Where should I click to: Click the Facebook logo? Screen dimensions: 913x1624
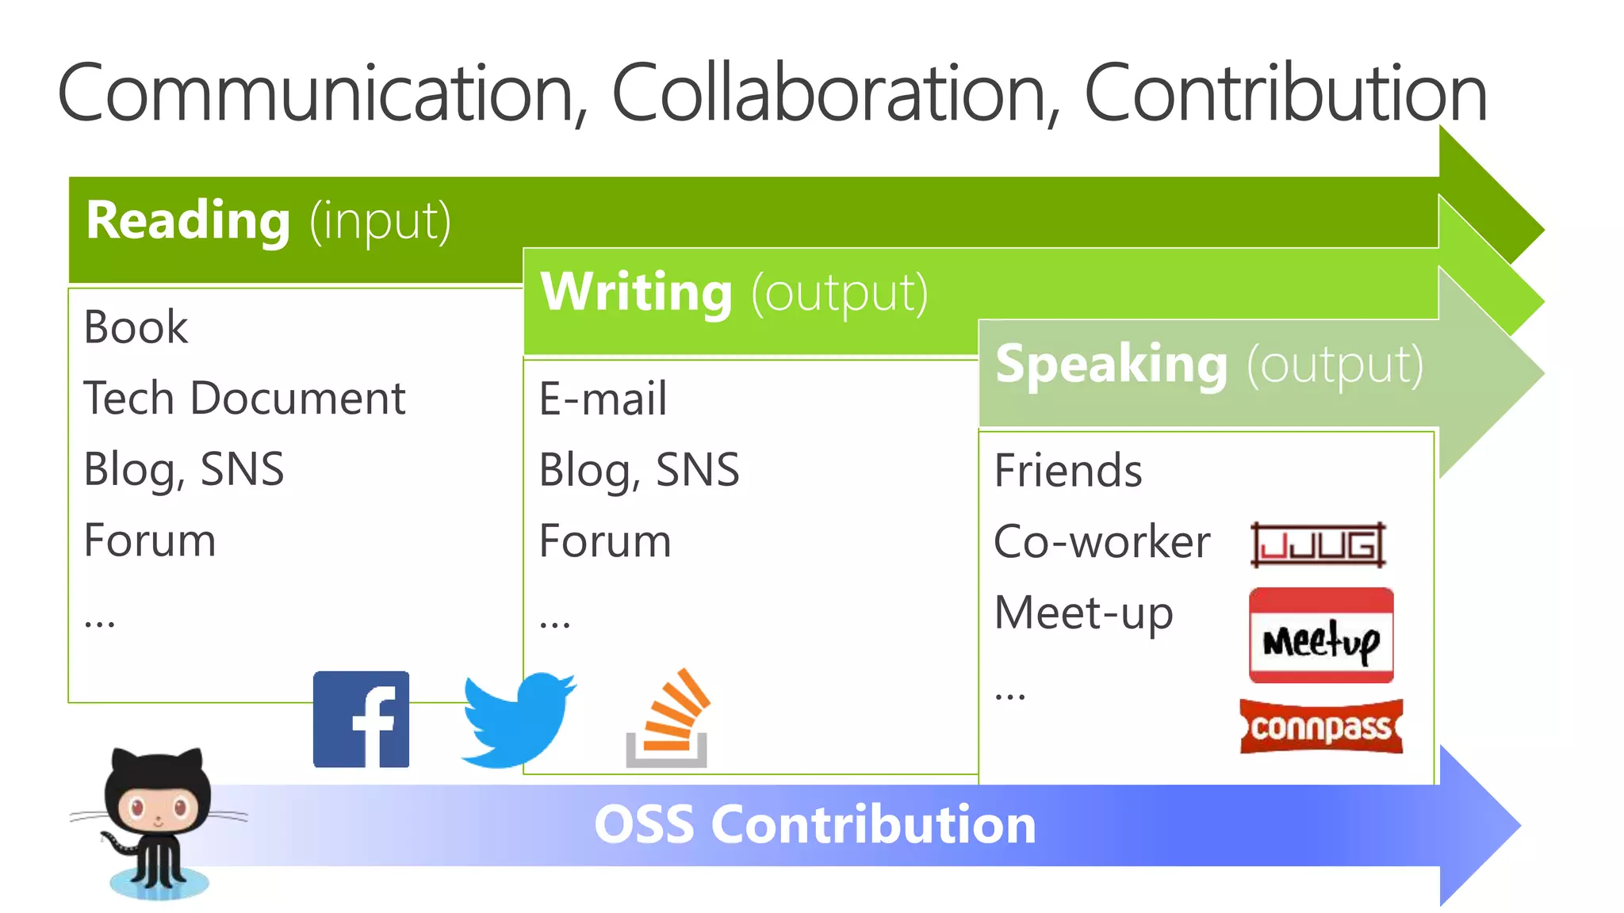coord(361,719)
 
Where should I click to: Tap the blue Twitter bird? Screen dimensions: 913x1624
coord(518,719)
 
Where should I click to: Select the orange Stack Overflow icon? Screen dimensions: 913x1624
coord(668,719)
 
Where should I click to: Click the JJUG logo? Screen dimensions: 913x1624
coord(1318,544)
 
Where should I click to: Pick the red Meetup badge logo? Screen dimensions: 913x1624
coord(1320,635)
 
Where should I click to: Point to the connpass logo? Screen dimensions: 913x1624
coord(1321,726)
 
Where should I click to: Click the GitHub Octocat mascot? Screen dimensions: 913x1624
coord(158,821)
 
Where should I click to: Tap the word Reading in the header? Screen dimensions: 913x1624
coord(188,220)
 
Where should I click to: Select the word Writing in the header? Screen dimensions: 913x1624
coord(636,292)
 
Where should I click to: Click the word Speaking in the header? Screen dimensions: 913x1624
coord(1111,365)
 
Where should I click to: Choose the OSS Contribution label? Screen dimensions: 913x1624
coord(814,825)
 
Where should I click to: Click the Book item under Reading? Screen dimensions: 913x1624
coord(136,327)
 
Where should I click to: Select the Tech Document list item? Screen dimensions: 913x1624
coord(244,398)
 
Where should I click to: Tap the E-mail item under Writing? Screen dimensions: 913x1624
coord(603,398)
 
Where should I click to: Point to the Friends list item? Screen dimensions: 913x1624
coord(1067,470)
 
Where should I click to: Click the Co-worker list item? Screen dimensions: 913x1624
coord(1101,542)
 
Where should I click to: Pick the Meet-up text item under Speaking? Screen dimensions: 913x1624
coord(1083,613)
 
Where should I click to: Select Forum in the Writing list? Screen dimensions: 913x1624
coord(605,541)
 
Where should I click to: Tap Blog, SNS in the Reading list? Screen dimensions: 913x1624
coord(183,469)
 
